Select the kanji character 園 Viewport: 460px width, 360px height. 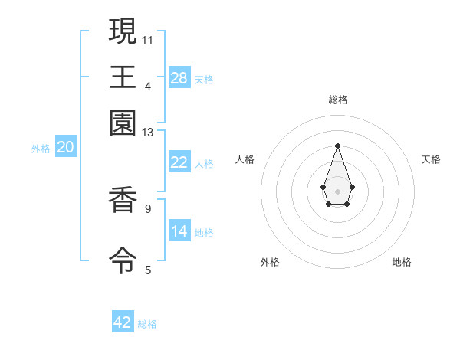coord(123,123)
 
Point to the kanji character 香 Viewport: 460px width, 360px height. coord(123,201)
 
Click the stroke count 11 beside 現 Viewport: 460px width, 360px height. coord(148,39)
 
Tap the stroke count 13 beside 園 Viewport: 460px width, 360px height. coord(148,133)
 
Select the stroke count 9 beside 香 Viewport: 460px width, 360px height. coord(148,208)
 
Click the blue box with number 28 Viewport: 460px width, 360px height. coord(179,77)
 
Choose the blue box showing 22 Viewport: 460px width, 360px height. coord(179,162)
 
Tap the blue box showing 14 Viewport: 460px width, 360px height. coord(179,231)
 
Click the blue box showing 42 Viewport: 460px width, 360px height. coord(123,322)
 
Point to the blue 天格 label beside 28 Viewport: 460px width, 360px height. coord(204,79)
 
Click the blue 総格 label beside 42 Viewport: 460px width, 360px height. coord(147,324)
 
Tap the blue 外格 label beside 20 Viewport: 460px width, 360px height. coord(41,149)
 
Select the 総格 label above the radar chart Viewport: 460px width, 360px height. coord(337,100)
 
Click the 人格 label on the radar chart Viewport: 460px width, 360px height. coord(245,159)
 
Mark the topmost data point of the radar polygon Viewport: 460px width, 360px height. coord(337,146)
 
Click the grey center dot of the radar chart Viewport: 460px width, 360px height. coord(337,191)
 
